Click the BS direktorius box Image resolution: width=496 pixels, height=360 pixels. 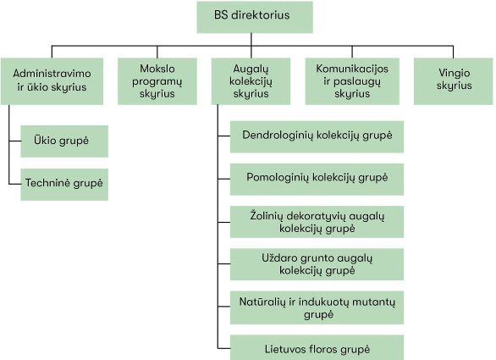(255, 17)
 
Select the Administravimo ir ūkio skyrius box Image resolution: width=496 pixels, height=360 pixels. (52, 81)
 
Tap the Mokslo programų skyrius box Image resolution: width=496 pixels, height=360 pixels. (157, 81)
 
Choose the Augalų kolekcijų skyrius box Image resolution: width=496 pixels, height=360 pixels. (251, 81)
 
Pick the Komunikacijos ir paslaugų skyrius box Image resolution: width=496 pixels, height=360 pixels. (352, 81)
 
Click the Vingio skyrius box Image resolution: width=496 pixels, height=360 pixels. (454, 81)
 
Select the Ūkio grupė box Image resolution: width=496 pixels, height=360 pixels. (64, 141)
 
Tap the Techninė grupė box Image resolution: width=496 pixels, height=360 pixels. (64, 185)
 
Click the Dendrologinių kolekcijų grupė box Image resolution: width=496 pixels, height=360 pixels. (317, 136)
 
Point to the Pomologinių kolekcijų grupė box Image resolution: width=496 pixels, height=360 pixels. (317, 180)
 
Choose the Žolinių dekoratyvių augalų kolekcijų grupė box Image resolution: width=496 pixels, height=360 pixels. (317, 222)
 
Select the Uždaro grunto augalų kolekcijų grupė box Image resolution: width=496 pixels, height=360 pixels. (317, 264)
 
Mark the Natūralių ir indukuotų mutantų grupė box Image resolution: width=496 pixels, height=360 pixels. (317, 307)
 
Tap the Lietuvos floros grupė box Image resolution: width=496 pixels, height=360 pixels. (317, 347)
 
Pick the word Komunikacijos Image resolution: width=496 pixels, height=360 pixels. (352, 69)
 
